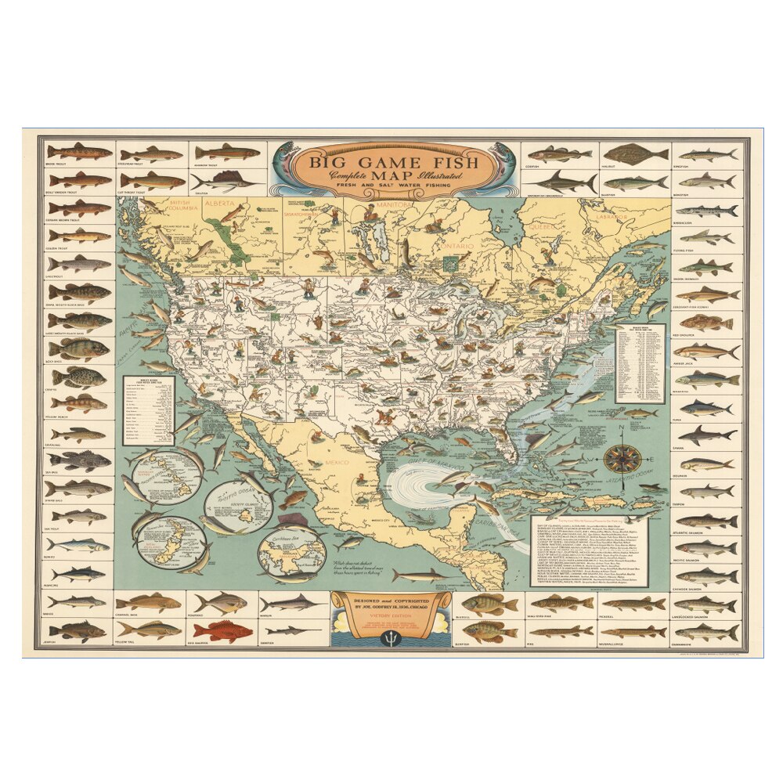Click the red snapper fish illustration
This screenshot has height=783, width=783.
click(223, 630)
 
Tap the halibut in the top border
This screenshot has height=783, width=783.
click(635, 153)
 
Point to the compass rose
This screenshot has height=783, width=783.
click(622, 458)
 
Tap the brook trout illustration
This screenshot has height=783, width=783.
click(79, 151)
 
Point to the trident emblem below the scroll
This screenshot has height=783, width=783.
click(391, 636)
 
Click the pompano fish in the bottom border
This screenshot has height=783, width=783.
click(223, 602)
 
